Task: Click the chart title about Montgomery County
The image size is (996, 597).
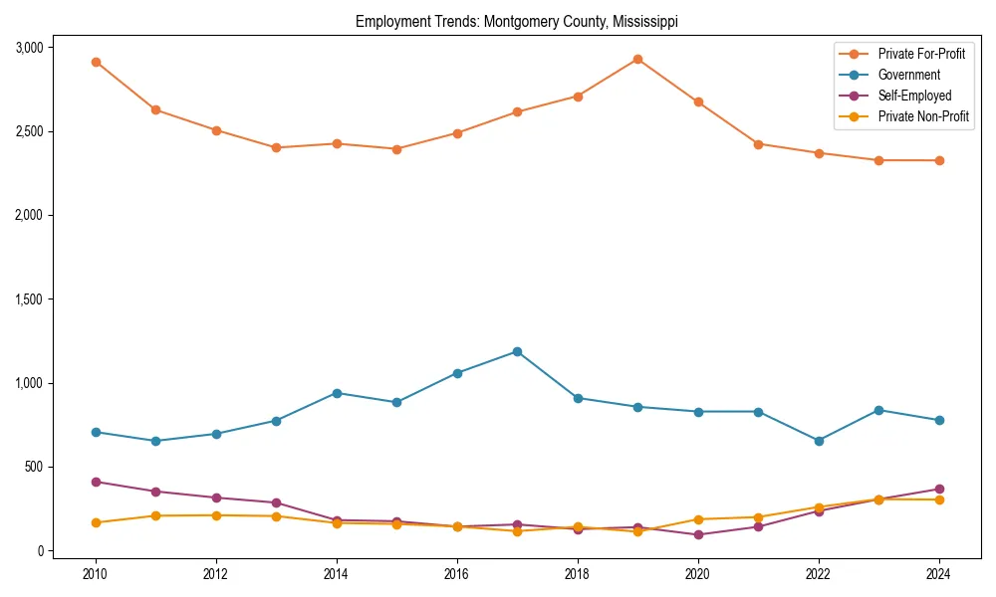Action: click(x=516, y=22)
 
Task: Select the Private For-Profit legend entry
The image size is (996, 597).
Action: click(x=921, y=54)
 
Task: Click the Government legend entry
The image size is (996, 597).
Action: click(x=908, y=75)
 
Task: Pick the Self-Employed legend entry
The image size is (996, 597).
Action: click(x=914, y=96)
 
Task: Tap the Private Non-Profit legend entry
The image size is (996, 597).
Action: click(x=923, y=116)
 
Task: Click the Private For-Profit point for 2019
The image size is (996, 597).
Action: click(x=637, y=59)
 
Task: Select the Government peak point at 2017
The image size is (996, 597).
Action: click(x=517, y=351)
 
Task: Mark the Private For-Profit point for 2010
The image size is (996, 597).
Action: click(x=96, y=62)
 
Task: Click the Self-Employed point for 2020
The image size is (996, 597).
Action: click(x=697, y=534)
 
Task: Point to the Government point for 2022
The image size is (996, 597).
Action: click(x=819, y=441)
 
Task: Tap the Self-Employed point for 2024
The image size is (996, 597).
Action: click(x=939, y=489)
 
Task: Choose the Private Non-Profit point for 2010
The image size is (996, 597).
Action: click(x=96, y=522)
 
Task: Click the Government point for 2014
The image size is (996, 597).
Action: click(x=337, y=393)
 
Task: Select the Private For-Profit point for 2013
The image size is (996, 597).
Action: click(x=276, y=148)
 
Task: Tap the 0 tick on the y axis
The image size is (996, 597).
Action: click(x=40, y=551)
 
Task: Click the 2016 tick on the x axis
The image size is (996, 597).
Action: click(x=457, y=574)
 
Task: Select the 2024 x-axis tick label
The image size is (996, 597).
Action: click(x=939, y=574)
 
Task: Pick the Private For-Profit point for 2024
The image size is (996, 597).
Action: click(x=939, y=160)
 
